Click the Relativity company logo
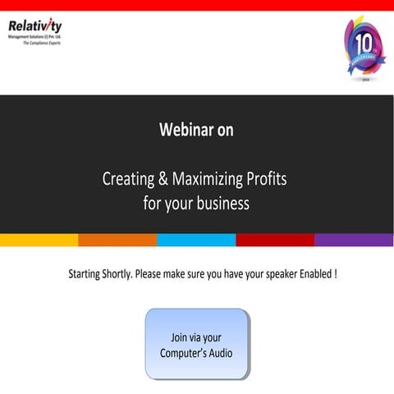34,28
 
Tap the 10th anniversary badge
364,49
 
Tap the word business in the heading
221,202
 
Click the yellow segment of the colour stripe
39,240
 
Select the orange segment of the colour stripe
117,240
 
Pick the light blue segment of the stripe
196,240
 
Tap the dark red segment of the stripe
275,240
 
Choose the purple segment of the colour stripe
354,240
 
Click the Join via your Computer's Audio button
196,345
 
